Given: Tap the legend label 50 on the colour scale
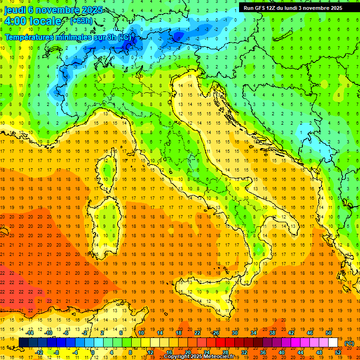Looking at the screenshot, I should [x=328, y=333].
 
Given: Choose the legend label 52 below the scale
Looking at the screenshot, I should [x=337, y=352].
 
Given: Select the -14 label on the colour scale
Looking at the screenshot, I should [x=30, y=333].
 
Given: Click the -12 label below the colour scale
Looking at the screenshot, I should [x=39, y=352].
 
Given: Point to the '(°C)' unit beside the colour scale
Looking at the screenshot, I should [x=349, y=343].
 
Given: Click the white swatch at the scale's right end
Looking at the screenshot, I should [x=333, y=343].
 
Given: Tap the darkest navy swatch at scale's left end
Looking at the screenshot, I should [x=23, y=343].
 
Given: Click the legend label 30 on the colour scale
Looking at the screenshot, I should [x=234, y=333].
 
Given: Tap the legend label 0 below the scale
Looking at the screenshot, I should [x=93, y=352].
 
